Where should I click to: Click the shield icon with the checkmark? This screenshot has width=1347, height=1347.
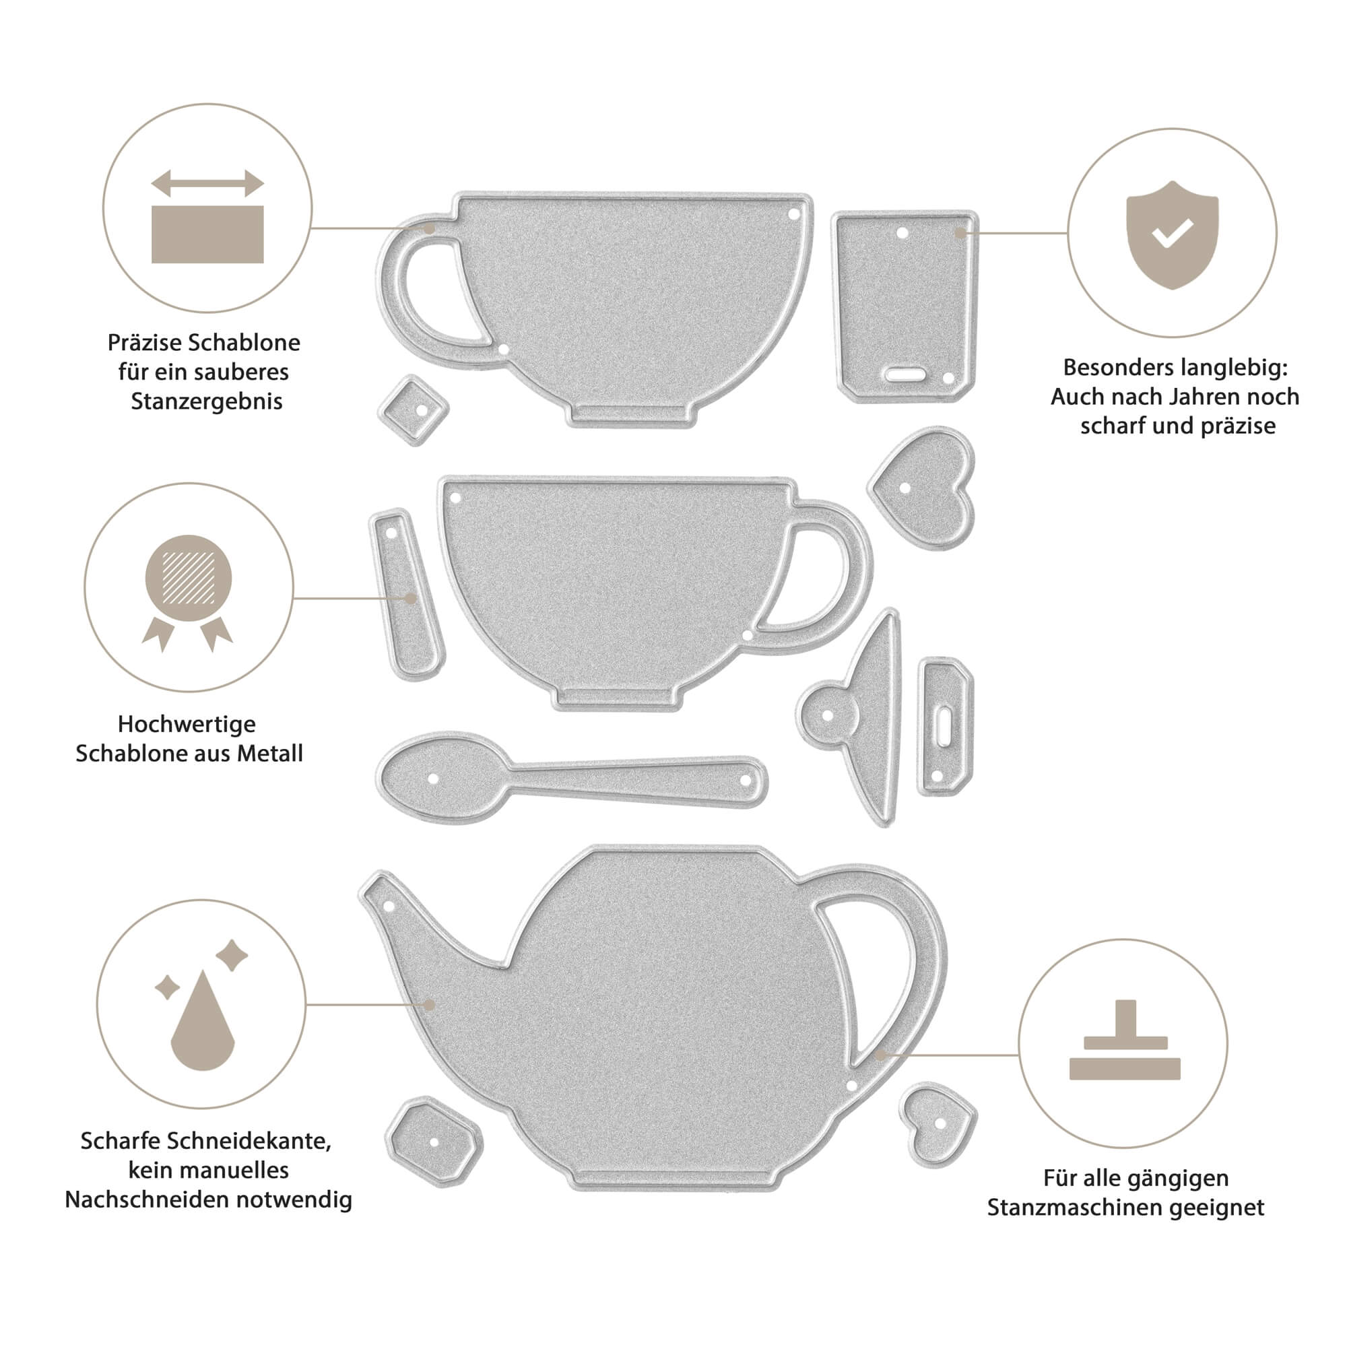tap(1172, 235)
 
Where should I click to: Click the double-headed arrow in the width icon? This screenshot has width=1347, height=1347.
tap(207, 184)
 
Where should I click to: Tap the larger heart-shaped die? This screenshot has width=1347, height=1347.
tap(923, 487)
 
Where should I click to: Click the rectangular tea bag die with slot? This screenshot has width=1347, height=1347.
tap(905, 306)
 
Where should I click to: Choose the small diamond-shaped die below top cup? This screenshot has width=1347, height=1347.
tap(414, 410)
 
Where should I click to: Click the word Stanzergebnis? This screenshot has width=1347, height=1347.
tap(206, 401)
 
